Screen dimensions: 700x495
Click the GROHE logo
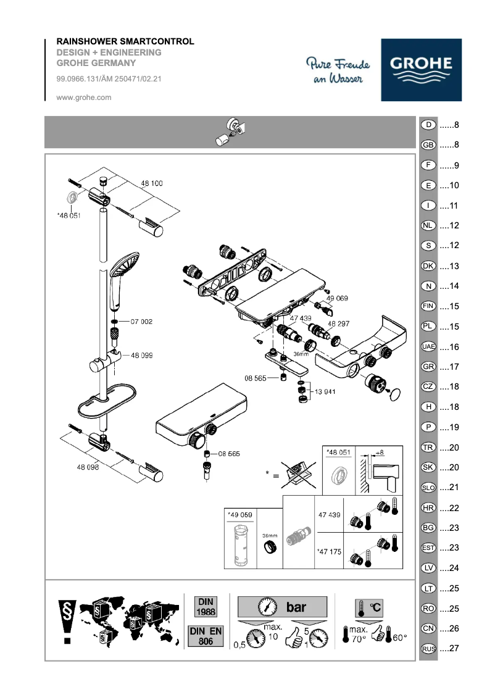click(420, 70)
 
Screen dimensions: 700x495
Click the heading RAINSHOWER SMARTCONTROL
click(125, 41)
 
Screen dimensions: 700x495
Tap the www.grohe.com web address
click(83, 97)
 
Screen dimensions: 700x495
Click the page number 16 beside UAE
click(454, 347)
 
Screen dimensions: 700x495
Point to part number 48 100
click(152, 183)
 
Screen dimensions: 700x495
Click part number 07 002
click(141, 322)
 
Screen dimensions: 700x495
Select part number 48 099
click(142, 356)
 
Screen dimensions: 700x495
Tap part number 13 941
click(325, 391)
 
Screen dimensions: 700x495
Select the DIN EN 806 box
click(206, 636)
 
